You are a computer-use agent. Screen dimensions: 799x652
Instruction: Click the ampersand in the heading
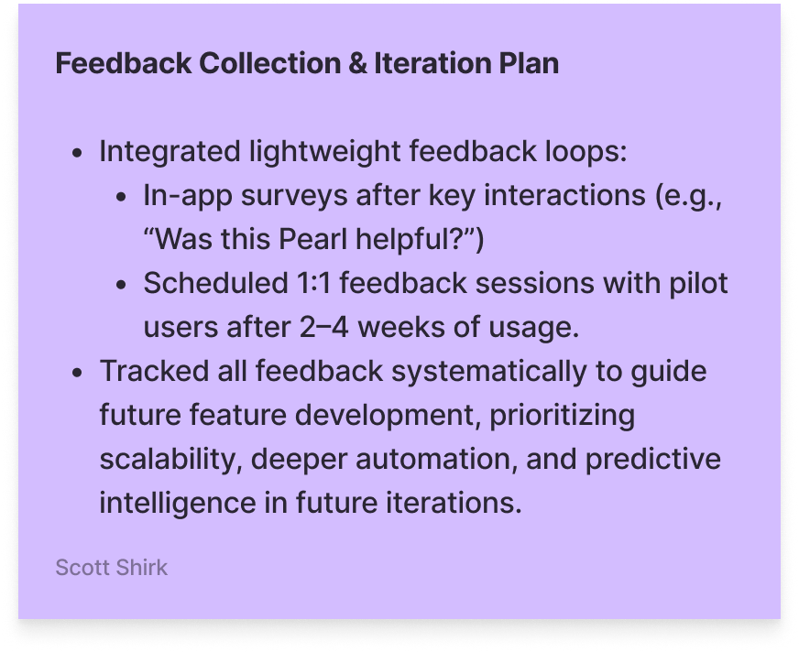point(357,64)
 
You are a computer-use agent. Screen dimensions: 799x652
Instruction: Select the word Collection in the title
point(270,64)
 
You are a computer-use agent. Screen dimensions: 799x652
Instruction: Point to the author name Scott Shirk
point(111,568)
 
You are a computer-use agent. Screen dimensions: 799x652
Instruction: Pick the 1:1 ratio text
point(313,283)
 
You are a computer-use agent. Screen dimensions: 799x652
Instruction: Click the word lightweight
point(324,152)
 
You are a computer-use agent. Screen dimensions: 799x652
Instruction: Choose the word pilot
point(698,283)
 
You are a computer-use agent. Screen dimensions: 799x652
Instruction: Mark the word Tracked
point(155,371)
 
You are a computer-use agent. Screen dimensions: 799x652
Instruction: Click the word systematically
point(489,372)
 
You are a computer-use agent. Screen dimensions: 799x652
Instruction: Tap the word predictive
point(652,460)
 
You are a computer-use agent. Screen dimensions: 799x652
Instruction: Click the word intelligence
point(178,504)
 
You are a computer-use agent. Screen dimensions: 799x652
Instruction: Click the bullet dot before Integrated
point(77,153)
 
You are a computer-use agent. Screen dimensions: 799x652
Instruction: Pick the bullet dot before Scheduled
point(121,284)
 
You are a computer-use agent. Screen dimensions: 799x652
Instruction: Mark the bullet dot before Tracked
point(77,373)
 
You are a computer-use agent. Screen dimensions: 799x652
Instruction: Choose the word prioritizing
point(562,416)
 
